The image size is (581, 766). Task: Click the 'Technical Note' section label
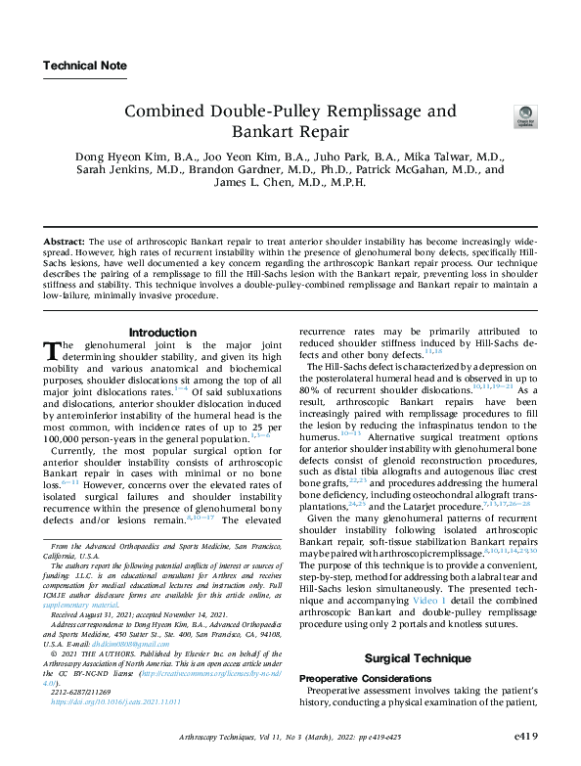tap(85, 67)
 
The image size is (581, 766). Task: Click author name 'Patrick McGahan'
tap(434, 169)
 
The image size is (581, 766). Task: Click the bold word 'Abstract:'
tap(66, 240)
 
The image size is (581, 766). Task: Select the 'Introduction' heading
tap(162, 333)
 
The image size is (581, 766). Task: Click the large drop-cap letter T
tap(54, 351)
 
